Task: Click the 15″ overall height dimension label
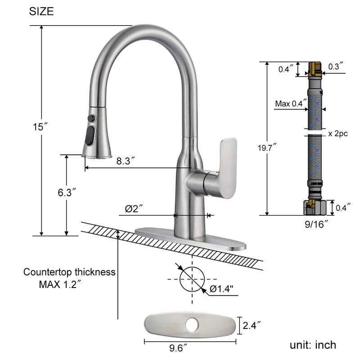[x=40, y=126]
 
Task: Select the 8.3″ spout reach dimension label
[x=126, y=161]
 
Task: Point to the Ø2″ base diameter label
[x=134, y=208]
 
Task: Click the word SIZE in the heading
[x=41, y=12]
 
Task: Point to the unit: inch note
[x=313, y=345]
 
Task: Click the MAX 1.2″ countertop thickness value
[x=60, y=284]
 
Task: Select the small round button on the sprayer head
[x=92, y=118]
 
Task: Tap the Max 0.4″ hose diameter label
[x=289, y=104]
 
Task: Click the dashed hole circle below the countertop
[x=192, y=279]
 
